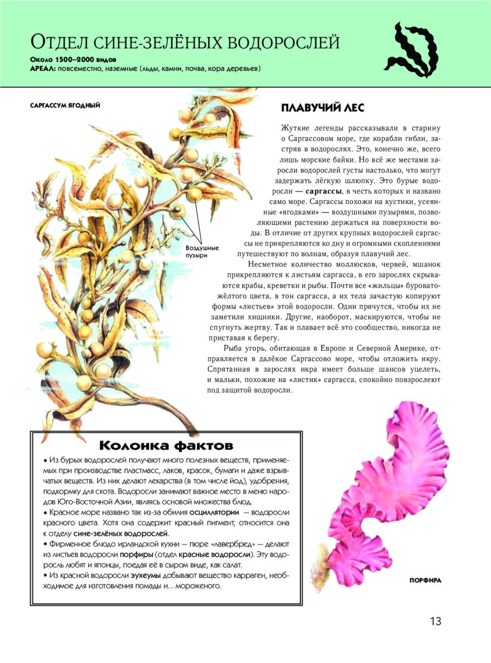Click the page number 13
point(435,621)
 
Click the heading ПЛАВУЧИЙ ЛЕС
point(323,108)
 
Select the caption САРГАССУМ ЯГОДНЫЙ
point(65,105)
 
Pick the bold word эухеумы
point(149,576)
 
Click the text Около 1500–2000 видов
point(74,58)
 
